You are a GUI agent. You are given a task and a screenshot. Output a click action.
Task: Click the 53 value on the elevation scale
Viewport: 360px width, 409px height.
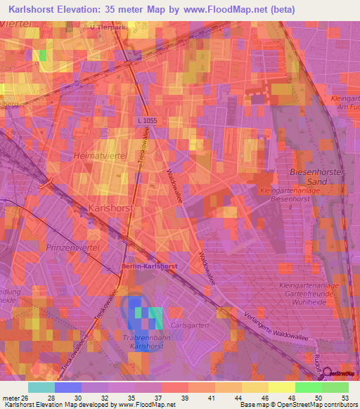pyautogui.click(x=343, y=397)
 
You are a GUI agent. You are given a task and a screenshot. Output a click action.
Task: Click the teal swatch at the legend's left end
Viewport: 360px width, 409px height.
pyautogui.click(x=41, y=387)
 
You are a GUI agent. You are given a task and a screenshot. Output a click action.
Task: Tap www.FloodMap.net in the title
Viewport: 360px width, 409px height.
pyautogui.click(x=231, y=9)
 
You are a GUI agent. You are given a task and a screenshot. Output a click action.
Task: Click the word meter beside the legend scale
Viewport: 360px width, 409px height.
pyautogui.click(x=10, y=397)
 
